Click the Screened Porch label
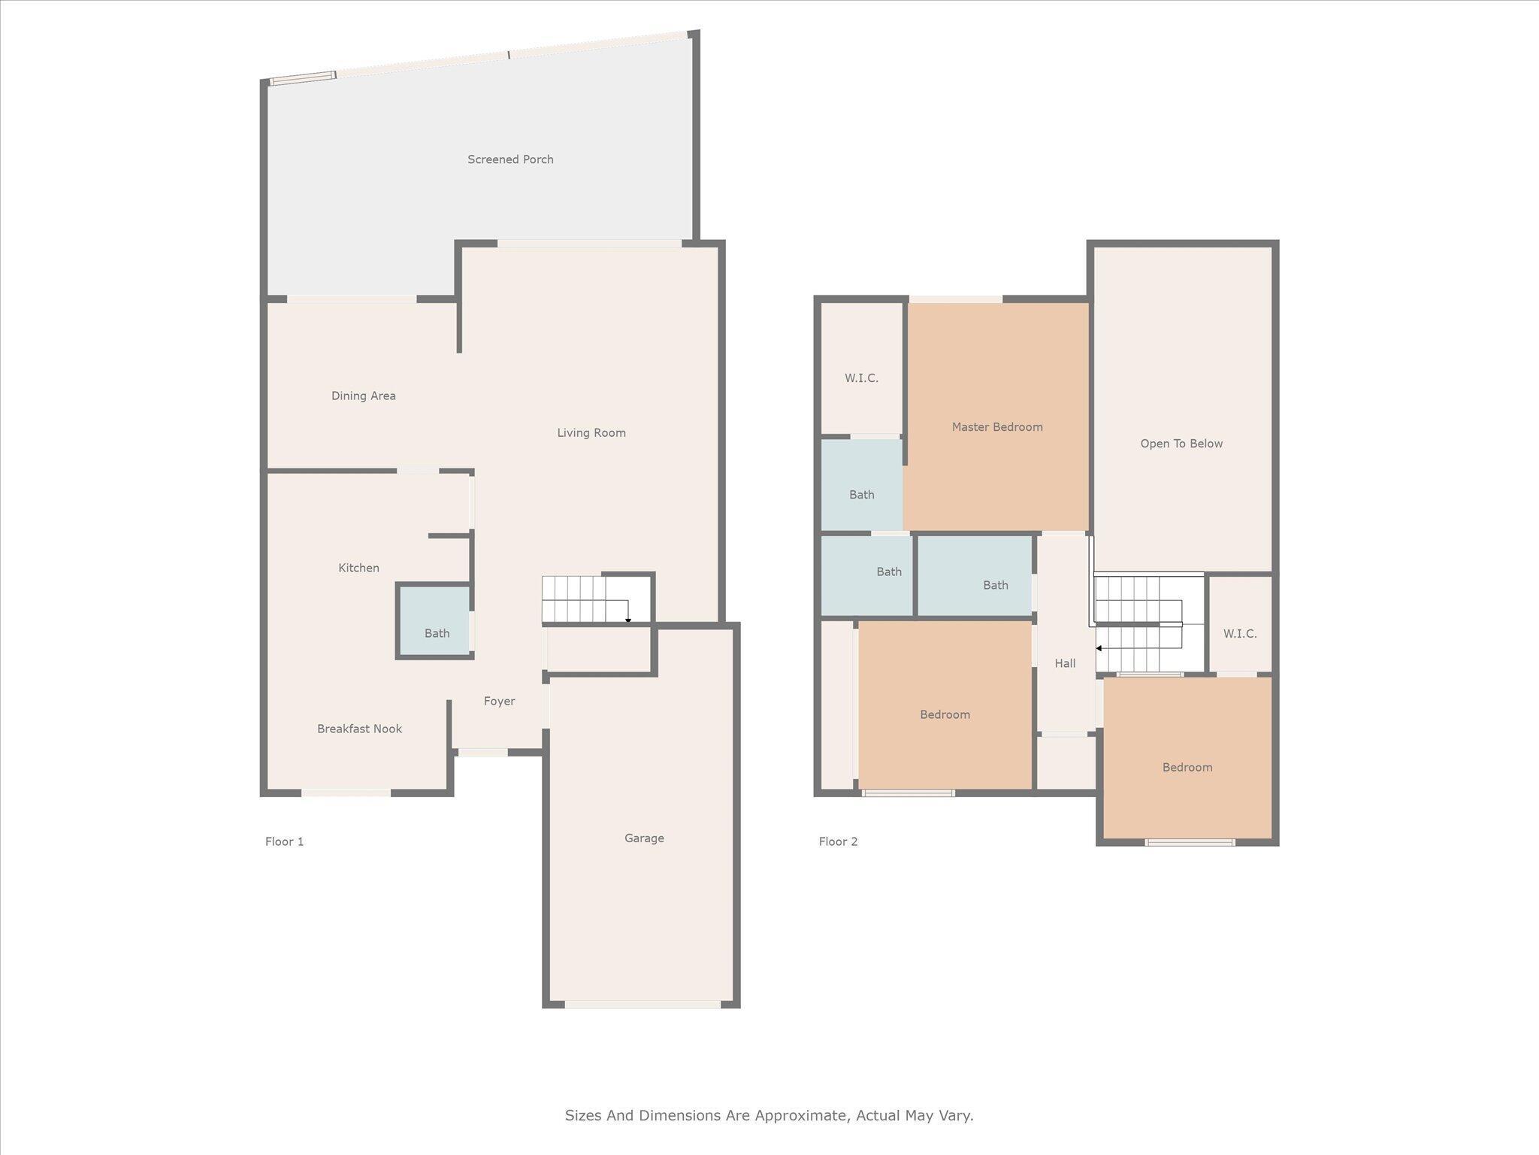(x=510, y=159)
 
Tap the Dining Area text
(x=363, y=396)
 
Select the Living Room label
(x=591, y=432)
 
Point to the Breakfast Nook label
(x=359, y=729)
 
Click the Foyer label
(x=499, y=701)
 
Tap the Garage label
(x=644, y=838)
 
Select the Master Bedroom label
(x=996, y=426)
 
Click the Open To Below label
(x=1181, y=444)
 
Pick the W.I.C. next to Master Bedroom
(x=861, y=377)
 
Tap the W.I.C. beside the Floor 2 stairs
(x=1239, y=633)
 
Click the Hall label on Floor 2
(x=1065, y=663)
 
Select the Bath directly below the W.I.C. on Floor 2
(x=861, y=494)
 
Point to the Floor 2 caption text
(x=838, y=841)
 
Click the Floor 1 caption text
(x=284, y=841)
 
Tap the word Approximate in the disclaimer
(x=800, y=1115)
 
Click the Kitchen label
(x=358, y=568)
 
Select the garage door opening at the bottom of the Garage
(x=643, y=1005)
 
